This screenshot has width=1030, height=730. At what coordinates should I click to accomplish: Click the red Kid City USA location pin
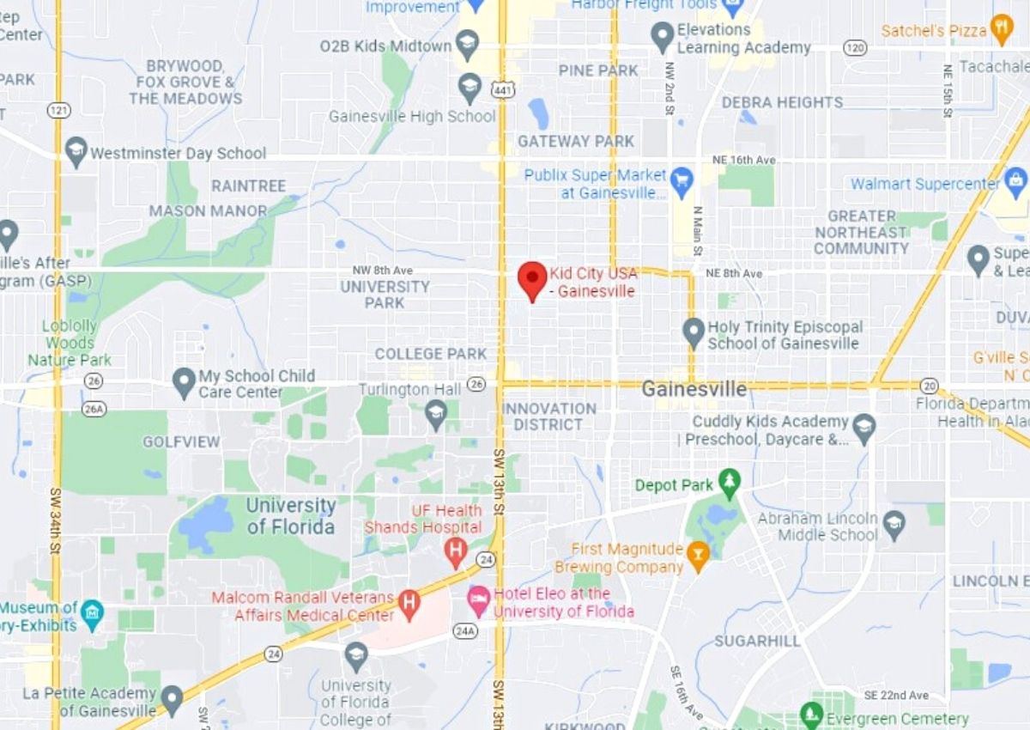click(x=533, y=278)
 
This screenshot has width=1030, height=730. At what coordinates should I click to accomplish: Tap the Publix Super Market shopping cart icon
click(x=682, y=179)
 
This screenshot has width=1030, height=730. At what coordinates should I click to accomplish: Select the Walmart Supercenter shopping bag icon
click(x=1016, y=181)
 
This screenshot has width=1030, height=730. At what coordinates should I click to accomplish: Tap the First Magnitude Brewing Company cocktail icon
click(x=698, y=558)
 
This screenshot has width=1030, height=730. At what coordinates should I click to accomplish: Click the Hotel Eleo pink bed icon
click(x=478, y=597)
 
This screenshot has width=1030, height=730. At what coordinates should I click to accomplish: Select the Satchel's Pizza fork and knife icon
click(x=1002, y=27)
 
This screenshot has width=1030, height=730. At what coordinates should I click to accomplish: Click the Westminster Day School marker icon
click(x=76, y=151)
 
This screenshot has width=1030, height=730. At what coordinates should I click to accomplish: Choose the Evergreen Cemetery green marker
click(x=811, y=714)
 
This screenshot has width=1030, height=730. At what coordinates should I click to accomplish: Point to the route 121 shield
click(x=58, y=110)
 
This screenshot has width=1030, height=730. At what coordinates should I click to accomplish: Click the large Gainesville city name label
click(x=694, y=389)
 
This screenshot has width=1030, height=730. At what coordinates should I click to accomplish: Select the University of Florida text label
click(x=291, y=516)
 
